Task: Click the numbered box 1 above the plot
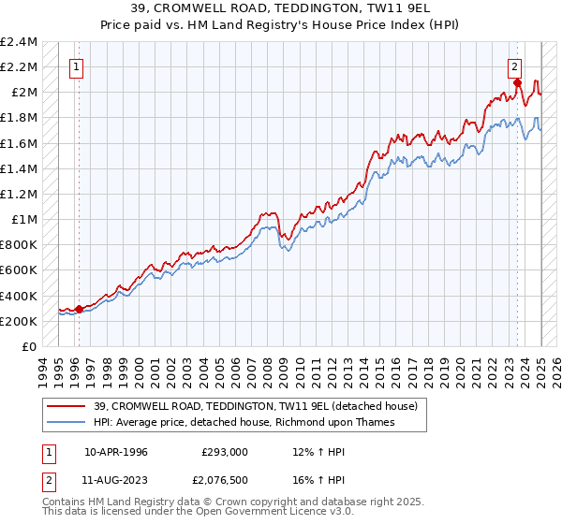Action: coord(75,66)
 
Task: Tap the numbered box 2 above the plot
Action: coord(515,66)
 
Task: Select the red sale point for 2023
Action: coord(517,83)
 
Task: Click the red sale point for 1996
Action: coord(79,309)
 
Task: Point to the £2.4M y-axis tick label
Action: coord(19,42)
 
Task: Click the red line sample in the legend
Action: coord(67,406)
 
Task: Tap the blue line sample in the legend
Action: coord(67,422)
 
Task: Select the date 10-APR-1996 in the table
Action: coord(116,452)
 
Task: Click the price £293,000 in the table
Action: coord(225,452)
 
